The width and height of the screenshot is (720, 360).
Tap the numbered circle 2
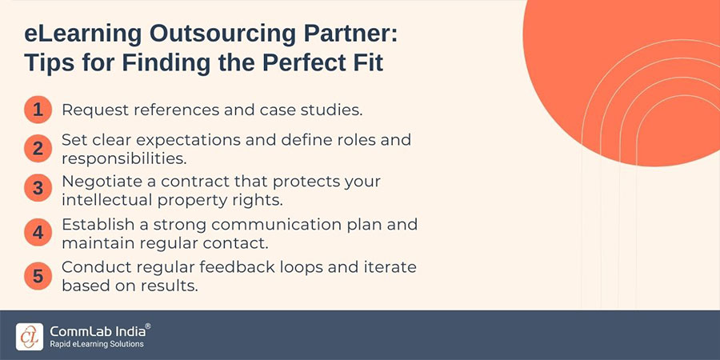click(38, 148)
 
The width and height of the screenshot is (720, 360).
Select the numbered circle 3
click(38, 189)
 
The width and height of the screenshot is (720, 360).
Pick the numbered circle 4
click(38, 232)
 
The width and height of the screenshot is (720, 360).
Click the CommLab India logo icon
click(30, 335)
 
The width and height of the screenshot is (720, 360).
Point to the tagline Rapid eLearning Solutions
click(96, 344)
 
